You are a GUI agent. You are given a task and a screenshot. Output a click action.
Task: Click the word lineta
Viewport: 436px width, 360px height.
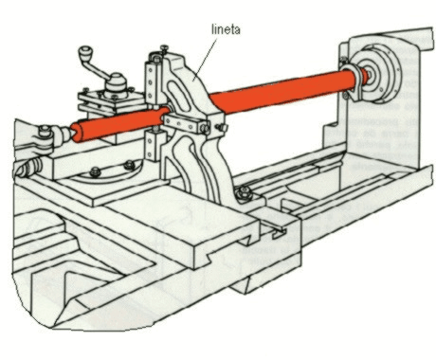226,29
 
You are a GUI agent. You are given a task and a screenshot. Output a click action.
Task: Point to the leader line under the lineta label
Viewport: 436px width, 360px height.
206,58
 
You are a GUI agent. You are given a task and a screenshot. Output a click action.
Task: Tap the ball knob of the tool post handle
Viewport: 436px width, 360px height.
85,52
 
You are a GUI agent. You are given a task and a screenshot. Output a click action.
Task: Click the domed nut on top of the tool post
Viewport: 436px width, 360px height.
116,82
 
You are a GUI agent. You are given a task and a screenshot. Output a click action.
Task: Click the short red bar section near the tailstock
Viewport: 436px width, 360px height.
120,124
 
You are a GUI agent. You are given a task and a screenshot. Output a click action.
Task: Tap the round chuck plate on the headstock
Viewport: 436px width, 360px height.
381,73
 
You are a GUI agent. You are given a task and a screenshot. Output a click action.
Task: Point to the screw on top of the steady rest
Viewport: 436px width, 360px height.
165,49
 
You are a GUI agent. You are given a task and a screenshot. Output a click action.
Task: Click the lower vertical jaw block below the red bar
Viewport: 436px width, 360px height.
154,146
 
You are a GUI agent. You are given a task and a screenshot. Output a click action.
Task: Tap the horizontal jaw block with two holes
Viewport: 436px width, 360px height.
184,124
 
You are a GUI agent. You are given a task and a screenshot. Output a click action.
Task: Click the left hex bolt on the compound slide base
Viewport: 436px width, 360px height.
95,171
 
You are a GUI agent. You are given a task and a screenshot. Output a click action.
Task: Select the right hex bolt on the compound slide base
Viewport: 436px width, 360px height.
130,165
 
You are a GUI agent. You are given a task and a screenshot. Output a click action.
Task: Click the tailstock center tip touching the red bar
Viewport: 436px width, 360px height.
69,133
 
